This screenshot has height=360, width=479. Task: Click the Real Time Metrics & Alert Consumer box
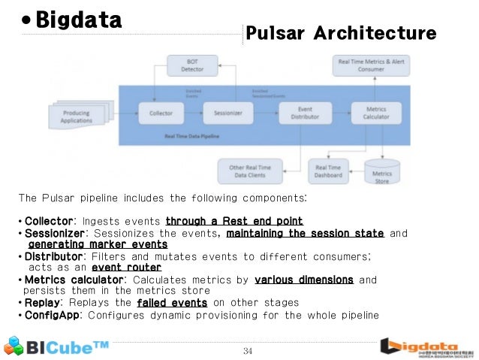pos(371,65)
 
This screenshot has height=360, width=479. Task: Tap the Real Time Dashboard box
pos(329,171)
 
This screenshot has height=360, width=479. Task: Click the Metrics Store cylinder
pos(382,172)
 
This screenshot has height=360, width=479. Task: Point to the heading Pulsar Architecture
pos(341,34)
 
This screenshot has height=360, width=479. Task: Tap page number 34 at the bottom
pos(249,351)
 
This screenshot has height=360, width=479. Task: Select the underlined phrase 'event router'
pos(126,267)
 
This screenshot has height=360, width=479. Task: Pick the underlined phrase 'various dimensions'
pos(304,280)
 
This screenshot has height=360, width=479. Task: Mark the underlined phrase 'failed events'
pos(172,302)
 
